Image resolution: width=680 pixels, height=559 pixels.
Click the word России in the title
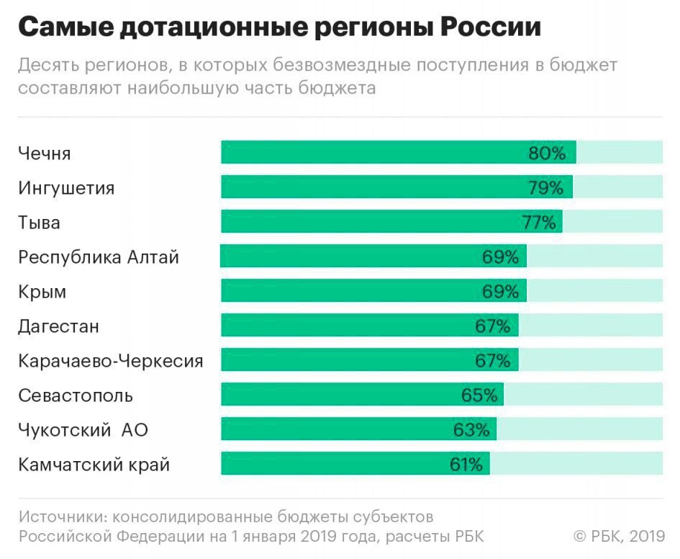point(491,27)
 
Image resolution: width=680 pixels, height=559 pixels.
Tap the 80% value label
point(548,153)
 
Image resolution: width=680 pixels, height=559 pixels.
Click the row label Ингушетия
point(66,188)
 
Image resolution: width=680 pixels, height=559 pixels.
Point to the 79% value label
point(545,187)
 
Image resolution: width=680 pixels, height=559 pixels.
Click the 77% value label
point(538,222)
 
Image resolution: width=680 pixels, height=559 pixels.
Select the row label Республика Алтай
point(99,256)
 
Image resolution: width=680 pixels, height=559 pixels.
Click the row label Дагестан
point(58,326)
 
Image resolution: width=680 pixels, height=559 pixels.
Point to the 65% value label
point(479,395)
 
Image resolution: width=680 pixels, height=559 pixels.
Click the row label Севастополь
point(76,395)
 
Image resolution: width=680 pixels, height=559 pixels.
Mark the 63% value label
point(471,429)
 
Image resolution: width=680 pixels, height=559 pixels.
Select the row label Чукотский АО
point(83,430)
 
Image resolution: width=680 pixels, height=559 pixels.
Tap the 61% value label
point(466,464)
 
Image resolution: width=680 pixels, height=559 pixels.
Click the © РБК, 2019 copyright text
point(619,536)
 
